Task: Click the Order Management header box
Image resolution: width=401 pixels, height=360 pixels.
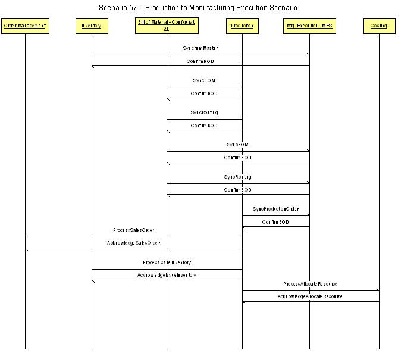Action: point(25,26)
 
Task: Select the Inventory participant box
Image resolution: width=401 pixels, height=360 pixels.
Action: point(92,26)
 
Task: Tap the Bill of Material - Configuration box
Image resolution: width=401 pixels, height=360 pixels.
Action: point(167,26)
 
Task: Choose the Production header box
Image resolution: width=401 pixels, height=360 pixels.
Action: point(242,26)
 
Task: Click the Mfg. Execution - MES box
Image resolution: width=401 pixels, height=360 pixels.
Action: point(309,26)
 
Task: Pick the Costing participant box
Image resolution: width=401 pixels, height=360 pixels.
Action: point(379,26)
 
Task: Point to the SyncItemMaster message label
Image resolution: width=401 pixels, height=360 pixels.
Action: point(200,48)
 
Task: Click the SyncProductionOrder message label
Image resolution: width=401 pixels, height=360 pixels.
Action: point(275,209)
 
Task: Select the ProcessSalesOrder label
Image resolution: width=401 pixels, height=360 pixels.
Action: point(134,230)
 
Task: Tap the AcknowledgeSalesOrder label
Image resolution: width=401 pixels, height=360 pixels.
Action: point(133,243)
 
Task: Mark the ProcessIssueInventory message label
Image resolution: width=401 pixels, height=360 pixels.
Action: point(167,262)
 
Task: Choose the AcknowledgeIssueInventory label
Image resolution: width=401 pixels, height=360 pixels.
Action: point(167,276)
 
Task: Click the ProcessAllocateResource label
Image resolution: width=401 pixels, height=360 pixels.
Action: point(310,284)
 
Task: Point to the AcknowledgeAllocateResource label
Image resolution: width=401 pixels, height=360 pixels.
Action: point(310,297)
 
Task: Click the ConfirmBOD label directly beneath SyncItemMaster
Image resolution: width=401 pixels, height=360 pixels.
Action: point(200,61)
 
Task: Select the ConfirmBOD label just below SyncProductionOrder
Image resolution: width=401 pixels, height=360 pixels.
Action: point(275,222)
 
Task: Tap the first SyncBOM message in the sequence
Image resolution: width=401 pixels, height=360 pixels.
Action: point(204,80)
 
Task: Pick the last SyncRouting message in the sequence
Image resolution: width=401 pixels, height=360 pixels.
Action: point(237,177)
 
